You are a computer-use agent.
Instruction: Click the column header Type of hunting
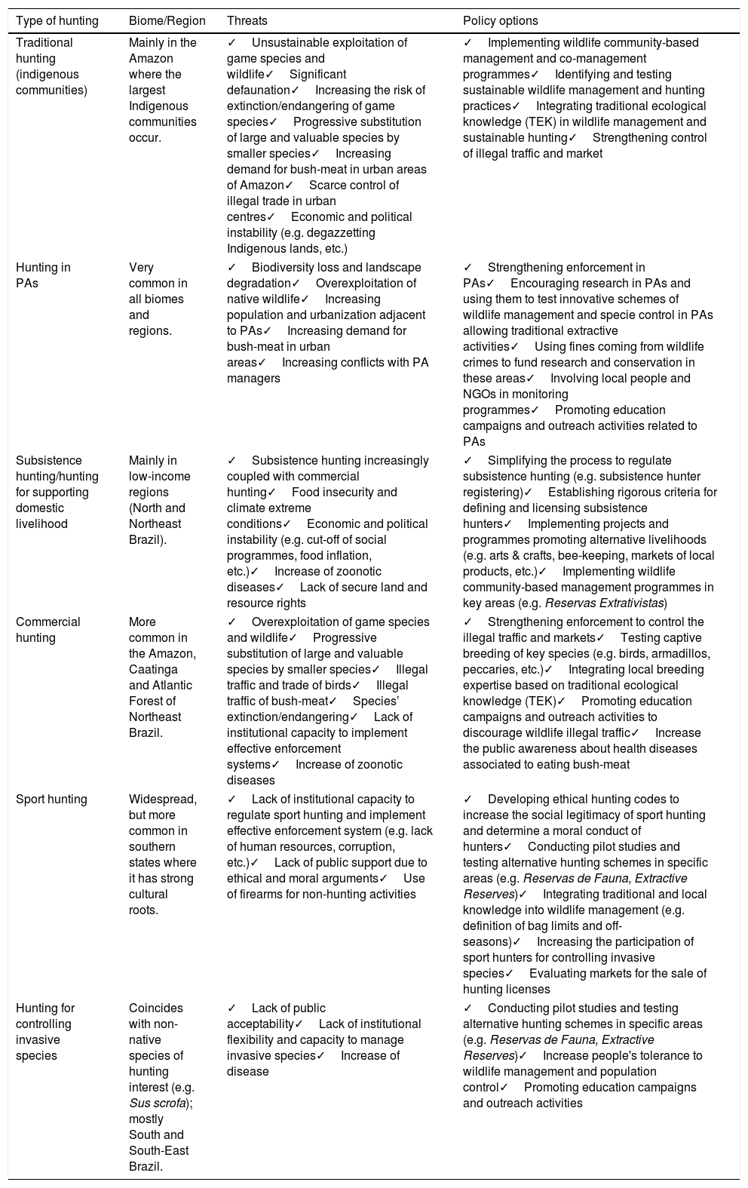pos(57,21)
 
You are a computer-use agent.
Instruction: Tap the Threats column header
pos(247,21)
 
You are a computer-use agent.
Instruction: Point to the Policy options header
pos(501,21)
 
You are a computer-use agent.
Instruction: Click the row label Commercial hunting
pos(48,630)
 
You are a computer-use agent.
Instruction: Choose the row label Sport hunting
pos(51,800)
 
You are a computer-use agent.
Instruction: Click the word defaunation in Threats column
pos(259,90)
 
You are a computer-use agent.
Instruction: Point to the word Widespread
pos(162,800)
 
